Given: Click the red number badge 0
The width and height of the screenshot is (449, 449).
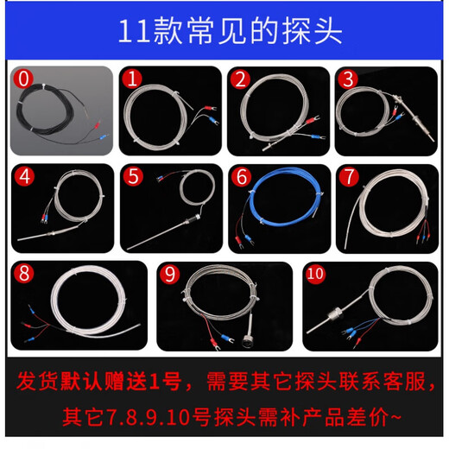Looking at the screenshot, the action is pyautogui.click(x=23, y=79).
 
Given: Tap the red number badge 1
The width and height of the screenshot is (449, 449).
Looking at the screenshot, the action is pyautogui.click(x=132, y=79).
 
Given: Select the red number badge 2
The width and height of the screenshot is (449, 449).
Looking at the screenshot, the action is pyautogui.click(x=240, y=79).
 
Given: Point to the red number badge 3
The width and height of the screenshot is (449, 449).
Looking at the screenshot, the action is pyautogui.click(x=348, y=79).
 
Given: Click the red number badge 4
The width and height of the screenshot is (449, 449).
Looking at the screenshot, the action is pyautogui.click(x=25, y=176).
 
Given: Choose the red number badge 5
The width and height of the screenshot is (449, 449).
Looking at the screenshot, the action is pyautogui.click(x=133, y=176).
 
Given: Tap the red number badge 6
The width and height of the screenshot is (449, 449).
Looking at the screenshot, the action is pyautogui.click(x=242, y=177).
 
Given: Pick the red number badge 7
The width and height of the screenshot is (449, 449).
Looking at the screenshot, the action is pyautogui.click(x=349, y=177).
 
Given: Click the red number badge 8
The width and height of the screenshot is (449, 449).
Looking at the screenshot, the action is pyautogui.click(x=24, y=273).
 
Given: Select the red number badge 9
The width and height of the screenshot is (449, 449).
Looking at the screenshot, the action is pyautogui.click(x=170, y=274).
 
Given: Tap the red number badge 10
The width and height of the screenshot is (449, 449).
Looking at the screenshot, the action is pyautogui.click(x=315, y=274).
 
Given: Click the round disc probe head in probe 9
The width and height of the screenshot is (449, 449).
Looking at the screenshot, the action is pyautogui.click(x=249, y=341).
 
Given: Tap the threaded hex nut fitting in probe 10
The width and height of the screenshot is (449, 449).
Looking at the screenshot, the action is pyautogui.click(x=334, y=313).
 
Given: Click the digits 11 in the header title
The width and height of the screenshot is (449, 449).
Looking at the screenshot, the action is pyautogui.click(x=135, y=31).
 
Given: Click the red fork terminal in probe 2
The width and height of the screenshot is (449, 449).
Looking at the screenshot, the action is pyautogui.click(x=313, y=119).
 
